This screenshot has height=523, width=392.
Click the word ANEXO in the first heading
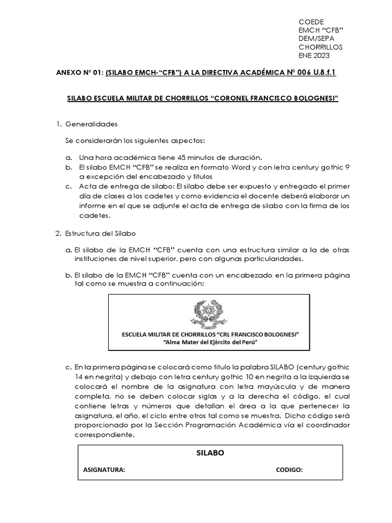pyautogui.click(x=69, y=74)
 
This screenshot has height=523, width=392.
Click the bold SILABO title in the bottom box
pyautogui.click(x=209, y=453)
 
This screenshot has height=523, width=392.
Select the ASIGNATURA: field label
pyautogui.click(x=104, y=470)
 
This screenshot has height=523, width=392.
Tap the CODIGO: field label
pyautogui.click(x=289, y=470)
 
